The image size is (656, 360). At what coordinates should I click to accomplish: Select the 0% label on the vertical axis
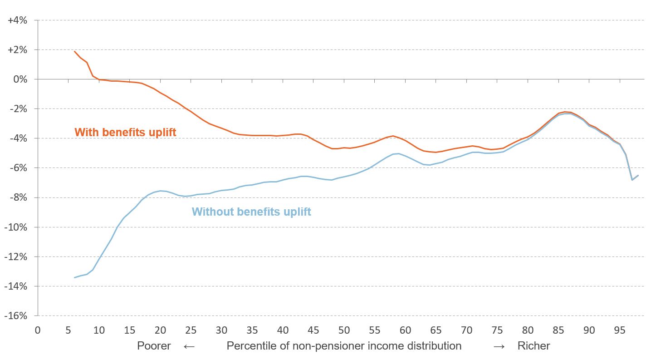click(21, 79)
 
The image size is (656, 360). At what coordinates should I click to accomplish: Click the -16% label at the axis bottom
click(17, 316)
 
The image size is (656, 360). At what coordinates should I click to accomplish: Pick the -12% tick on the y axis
click(17, 257)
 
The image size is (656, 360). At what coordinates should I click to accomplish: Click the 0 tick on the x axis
click(38, 330)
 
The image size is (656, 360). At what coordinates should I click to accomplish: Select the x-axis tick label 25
click(191, 330)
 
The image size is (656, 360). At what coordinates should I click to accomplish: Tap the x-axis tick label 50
click(344, 330)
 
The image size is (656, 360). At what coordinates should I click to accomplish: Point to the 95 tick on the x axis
click(620, 330)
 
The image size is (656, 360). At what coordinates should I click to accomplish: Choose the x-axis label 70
click(467, 330)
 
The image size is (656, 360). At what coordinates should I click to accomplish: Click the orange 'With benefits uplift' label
click(125, 133)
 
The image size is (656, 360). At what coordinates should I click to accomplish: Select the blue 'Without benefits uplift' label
click(251, 212)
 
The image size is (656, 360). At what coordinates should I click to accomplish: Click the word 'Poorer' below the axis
click(154, 346)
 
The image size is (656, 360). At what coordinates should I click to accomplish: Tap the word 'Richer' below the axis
click(534, 346)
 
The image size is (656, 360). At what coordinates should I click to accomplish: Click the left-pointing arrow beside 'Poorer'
click(189, 346)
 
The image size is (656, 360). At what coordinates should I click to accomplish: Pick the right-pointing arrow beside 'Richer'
click(499, 346)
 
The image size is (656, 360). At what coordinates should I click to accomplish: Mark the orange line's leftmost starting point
click(74, 51)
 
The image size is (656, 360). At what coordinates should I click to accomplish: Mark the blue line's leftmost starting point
click(74, 277)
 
